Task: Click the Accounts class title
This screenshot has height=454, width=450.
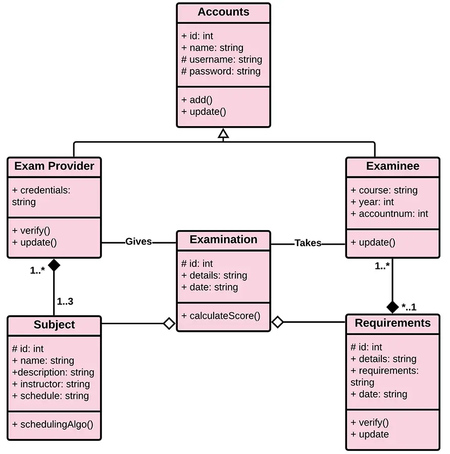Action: coord(223,12)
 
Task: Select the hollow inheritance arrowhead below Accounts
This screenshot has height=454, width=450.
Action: coord(223,134)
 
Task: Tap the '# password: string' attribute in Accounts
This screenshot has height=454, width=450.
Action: coord(221,72)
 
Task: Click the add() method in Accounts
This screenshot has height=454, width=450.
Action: coord(197,99)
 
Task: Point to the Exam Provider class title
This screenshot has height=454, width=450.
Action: coord(54,166)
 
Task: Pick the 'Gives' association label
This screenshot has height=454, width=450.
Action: coord(138,242)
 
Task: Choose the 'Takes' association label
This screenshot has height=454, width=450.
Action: coord(308,243)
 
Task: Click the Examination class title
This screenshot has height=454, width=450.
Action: coord(223,240)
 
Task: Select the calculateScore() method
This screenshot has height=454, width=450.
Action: coord(221,316)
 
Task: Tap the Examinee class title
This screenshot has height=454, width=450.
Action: coord(392,166)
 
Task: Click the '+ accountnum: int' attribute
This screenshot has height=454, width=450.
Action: coord(389,214)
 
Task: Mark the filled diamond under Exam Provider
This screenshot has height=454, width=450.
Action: coord(54,265)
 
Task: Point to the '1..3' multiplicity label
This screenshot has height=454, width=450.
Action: coord(65,302)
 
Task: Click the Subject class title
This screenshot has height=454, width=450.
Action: coord(54,325)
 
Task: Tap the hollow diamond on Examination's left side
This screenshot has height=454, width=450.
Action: coord(169,323)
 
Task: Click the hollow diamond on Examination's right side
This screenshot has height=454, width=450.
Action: coord(277,322)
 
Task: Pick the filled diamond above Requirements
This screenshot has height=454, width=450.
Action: coord(392,306)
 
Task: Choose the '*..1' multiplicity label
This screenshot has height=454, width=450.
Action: coord(409,307)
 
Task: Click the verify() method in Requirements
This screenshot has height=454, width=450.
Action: coord(370,422)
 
